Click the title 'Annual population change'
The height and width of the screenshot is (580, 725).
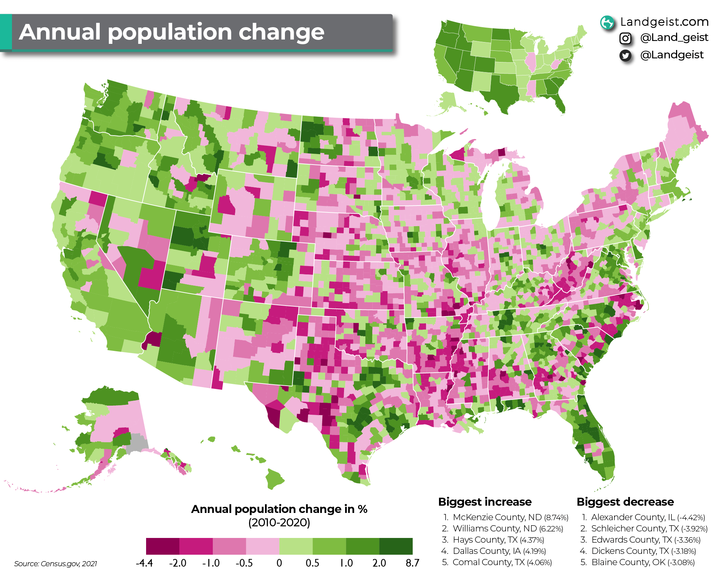(171, 32)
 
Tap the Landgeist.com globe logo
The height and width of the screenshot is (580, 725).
(607, 22)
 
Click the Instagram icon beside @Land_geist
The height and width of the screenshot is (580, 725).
(625, 38)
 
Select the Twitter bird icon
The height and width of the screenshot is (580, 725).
(625, 55)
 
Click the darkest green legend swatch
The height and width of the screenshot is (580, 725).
(396, 546)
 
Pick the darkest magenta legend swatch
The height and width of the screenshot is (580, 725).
(163, 546)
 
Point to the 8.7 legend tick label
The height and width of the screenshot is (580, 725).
(412, 563)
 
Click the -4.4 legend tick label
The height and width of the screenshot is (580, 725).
(144, 563)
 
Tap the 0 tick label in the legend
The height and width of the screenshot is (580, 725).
(279, 563)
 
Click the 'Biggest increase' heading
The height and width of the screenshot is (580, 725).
(485, 502)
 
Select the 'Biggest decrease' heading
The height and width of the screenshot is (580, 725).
(625, 502)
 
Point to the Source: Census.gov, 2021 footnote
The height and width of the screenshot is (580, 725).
(55, 564)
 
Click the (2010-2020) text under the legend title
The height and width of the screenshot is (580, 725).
(279, 523)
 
